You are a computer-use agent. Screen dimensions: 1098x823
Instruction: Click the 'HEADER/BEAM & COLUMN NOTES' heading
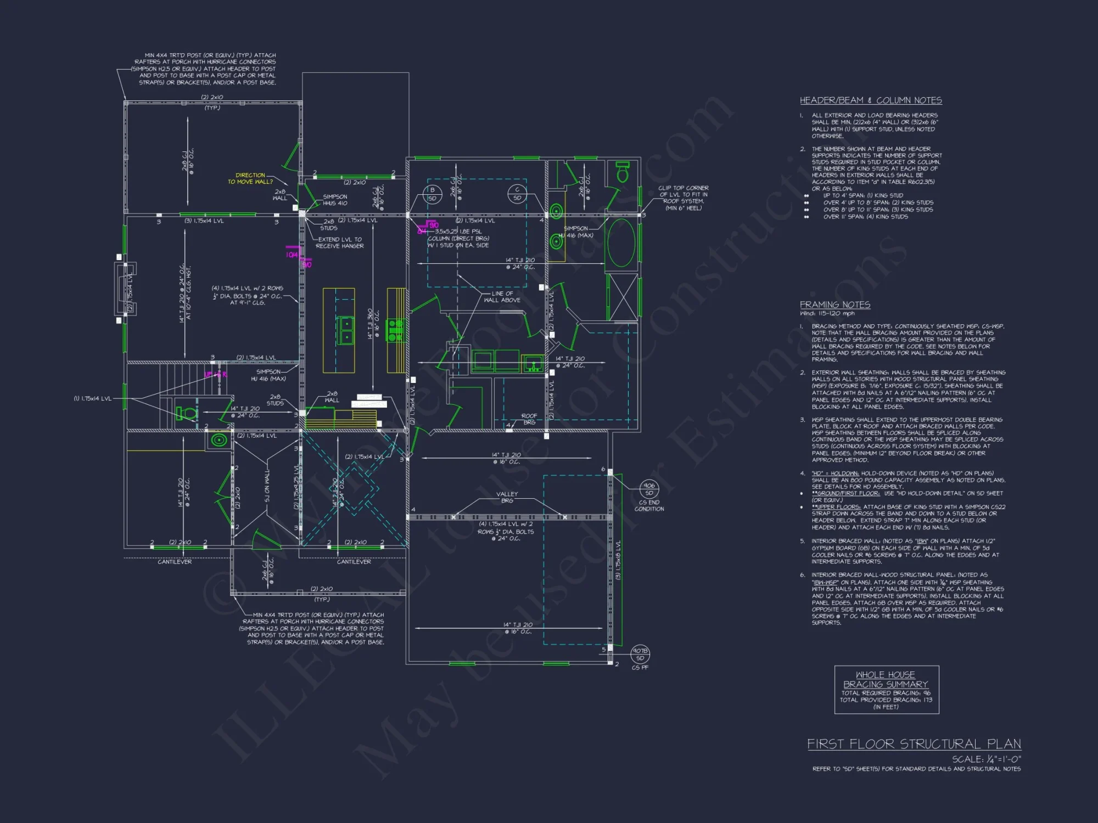[871, 100]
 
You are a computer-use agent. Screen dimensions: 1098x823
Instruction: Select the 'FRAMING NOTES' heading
[834, 305]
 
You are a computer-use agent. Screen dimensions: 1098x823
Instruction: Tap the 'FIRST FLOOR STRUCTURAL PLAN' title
[914, 744]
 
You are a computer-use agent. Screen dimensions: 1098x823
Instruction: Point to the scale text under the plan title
[986, 759]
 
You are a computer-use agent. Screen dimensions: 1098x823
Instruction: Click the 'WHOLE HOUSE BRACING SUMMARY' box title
[886, 679]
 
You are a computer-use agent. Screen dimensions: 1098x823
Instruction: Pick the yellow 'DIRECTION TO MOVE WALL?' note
[250, 178]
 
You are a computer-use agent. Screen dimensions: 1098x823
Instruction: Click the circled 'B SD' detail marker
[432, 194]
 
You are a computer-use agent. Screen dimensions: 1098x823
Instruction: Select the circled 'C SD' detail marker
[517, 194]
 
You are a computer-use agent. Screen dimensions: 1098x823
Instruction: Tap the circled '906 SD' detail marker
[649, 489]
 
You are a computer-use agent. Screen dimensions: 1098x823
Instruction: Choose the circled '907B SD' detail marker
[640, 655]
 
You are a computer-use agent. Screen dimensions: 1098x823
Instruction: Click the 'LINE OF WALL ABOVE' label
[502, 297]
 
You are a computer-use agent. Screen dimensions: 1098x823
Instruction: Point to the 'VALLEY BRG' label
[507, 497]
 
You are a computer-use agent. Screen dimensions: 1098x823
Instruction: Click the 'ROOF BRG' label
[529, 419]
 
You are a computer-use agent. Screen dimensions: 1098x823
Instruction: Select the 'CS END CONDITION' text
[649, 506]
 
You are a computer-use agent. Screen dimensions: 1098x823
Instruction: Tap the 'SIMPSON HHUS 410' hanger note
[335, 200]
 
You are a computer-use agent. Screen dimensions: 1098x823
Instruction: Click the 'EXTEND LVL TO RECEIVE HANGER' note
[339, 243]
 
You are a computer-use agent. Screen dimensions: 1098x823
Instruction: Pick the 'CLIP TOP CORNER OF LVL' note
[683, 198]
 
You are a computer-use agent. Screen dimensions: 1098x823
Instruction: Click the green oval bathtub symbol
[621, 243]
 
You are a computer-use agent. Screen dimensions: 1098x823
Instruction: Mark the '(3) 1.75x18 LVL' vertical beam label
[618, 560]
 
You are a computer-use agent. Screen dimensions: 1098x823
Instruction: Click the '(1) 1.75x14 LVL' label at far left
[92, 398]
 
